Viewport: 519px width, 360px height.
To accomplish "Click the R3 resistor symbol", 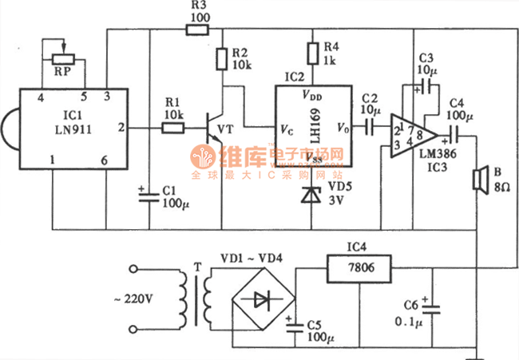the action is [x=197, y=30].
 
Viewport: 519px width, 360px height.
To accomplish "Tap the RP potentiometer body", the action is [x=64, y=59].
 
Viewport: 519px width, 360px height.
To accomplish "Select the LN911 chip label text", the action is [x=73, y=129].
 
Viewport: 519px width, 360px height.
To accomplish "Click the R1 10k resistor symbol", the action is [x=172, y=128].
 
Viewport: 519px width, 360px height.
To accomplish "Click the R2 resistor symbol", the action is [x=222, y=59].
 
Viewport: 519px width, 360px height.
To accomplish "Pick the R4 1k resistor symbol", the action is [x=313, y=53].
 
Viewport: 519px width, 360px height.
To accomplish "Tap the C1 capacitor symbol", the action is [x=149, y=197].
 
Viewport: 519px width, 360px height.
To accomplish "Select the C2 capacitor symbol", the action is [x=370, y=126].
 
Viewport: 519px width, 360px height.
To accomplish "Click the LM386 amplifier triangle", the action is [x=413, y=136].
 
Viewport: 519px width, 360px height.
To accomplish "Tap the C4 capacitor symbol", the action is [x=454, y=136].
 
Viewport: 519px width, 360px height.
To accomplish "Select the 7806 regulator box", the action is [x=359, y=268].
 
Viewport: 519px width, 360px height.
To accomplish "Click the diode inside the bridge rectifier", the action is [x=262, y=299].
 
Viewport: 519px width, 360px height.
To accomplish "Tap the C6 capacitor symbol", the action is [x=431, y=309].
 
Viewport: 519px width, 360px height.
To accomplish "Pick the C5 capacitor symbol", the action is [x=295, y=327].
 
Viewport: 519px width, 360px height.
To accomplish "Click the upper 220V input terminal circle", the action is [x=133, y=269].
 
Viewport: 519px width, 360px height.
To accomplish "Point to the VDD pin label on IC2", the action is [x=312, y=95].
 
